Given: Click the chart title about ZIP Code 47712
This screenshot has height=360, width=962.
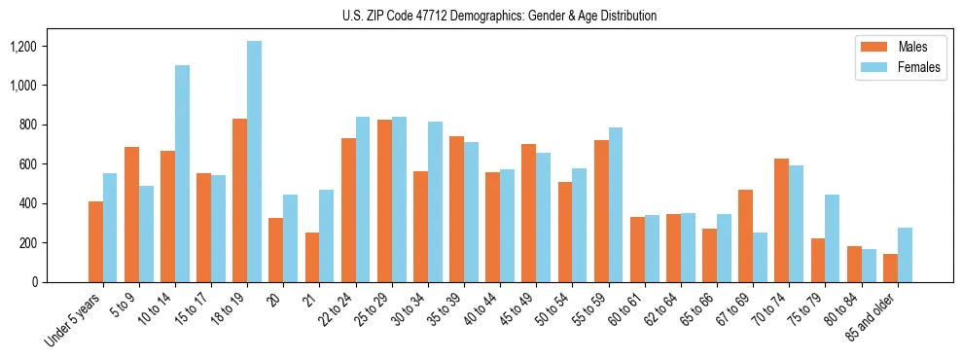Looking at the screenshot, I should point(500,16).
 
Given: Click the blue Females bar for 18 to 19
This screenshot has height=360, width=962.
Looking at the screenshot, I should point(254,162).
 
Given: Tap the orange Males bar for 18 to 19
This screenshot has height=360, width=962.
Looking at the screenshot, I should point(239,200).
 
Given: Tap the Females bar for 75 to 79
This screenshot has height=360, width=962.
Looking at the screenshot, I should point(833,238).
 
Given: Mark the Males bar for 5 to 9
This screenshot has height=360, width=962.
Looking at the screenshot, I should point(131,214).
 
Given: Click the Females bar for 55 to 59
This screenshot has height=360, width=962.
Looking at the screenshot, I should point(616,204).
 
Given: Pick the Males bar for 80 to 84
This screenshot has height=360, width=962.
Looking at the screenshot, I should point(854,264).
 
